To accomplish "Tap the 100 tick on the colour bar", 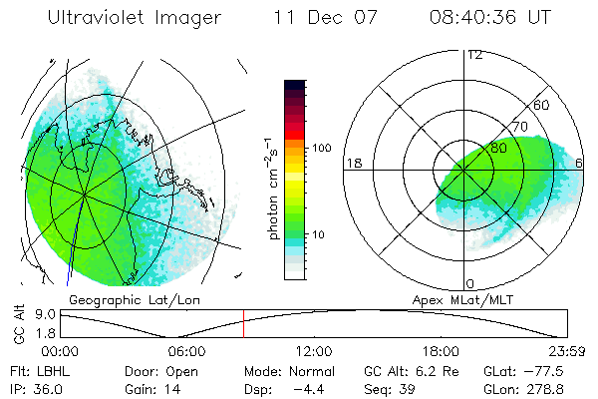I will tap(322, 148).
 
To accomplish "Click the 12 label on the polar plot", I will tap(475, 54).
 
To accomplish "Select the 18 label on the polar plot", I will tap(352, 163).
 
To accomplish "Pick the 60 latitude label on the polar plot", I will tap(542, 105).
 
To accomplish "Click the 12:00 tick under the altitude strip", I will tap(314, 351).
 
